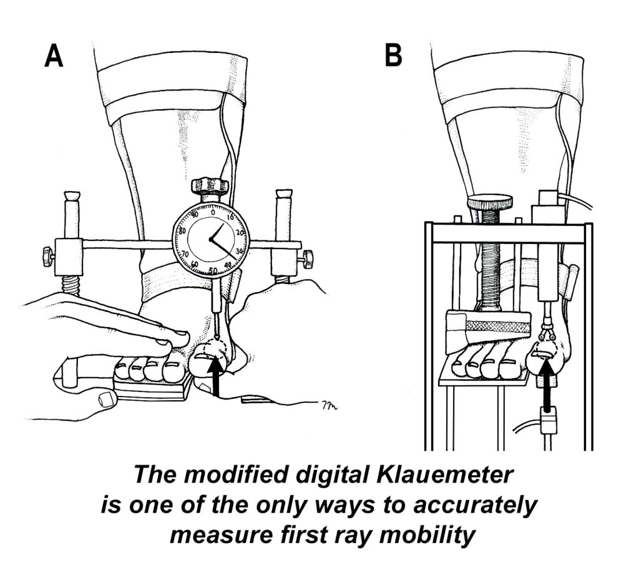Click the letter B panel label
point(393,55)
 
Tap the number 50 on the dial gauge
point(213,270)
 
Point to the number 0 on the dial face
point(212,212)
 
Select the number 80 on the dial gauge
point(182,230)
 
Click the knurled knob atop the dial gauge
point(210,185)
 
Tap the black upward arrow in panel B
point(548,386)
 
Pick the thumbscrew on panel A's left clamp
point(48,257)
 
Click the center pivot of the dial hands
point(211,239)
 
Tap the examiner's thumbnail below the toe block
point(105,398)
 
